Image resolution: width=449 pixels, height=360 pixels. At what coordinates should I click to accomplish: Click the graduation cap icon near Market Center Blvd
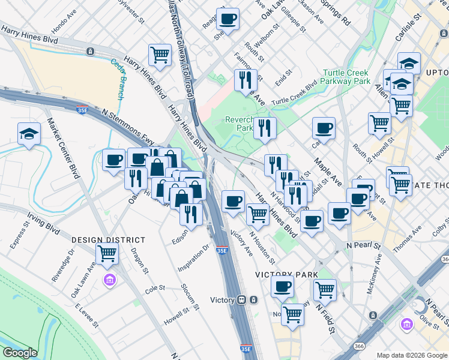(x=29, y=134)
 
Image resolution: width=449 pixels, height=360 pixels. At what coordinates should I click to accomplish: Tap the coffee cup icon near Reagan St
(x=228, y=19)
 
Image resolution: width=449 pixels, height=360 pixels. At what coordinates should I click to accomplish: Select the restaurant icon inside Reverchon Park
(x=263, y=128)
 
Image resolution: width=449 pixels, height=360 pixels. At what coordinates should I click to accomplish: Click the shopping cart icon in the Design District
(x=107, y=253)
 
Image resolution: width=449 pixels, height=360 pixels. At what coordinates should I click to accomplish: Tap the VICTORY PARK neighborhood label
(x=286, y=274)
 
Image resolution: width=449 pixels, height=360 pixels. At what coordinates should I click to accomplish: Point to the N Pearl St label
(x=364, y=246)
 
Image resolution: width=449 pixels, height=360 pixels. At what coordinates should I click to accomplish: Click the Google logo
(x=20, y=353)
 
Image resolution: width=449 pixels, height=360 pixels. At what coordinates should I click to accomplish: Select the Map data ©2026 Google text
(x=411, y=355)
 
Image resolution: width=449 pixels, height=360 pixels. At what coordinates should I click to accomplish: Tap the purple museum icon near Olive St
(x=407, y=325)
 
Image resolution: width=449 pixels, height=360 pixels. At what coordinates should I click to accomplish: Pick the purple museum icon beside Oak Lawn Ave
(x=109, y=280)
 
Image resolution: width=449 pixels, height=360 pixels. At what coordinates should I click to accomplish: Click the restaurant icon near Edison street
(x=191, y=212)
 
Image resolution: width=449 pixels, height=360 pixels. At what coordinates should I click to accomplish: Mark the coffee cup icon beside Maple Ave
(x=324, y=128)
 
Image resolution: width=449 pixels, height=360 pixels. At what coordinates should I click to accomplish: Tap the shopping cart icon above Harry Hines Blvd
(x=160, y=55)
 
